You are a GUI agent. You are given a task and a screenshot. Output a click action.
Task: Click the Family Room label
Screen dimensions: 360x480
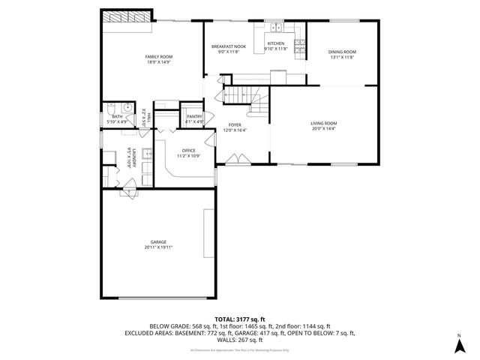coord(159,56)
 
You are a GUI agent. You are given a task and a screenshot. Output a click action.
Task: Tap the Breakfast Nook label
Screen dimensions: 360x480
coord(227,46)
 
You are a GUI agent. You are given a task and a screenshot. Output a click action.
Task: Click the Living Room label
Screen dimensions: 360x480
coord(324,123)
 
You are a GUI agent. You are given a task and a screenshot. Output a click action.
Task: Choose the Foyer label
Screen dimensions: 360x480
coord(235,125)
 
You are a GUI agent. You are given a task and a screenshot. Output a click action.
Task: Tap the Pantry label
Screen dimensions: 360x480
coord(194,116)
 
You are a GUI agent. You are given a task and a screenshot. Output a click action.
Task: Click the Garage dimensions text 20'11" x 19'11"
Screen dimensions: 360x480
coord(158,247)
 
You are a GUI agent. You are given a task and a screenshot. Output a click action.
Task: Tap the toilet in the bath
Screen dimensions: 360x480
coord(109,106)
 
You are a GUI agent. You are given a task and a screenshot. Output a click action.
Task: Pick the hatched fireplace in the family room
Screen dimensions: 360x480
coord(127,16)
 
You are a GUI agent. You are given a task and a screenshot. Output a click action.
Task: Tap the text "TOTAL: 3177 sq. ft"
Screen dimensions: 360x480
coord(239,319)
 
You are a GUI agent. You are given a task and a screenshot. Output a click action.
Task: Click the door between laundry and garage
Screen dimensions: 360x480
coord(129,193)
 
